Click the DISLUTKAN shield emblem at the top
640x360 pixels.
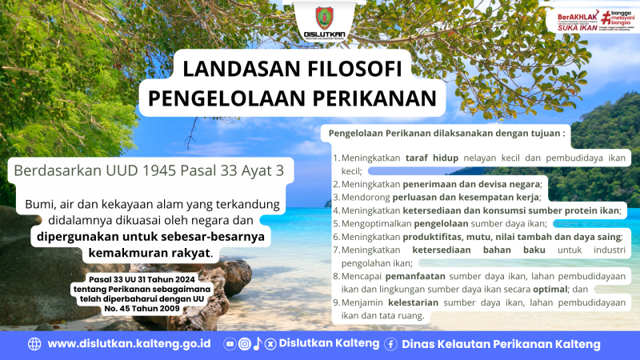[x=319, y=18]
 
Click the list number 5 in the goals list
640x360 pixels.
[x=336, y=224]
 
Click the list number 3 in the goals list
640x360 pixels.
[x=336, y=197]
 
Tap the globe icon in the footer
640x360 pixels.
[x=34, y=344]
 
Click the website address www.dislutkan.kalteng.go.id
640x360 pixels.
[x=129, y=344]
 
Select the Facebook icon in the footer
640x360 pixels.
[x=391, y=344]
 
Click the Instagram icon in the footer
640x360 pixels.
[x=244, y=344]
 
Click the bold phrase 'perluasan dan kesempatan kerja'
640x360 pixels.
[x=465, y=197]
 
